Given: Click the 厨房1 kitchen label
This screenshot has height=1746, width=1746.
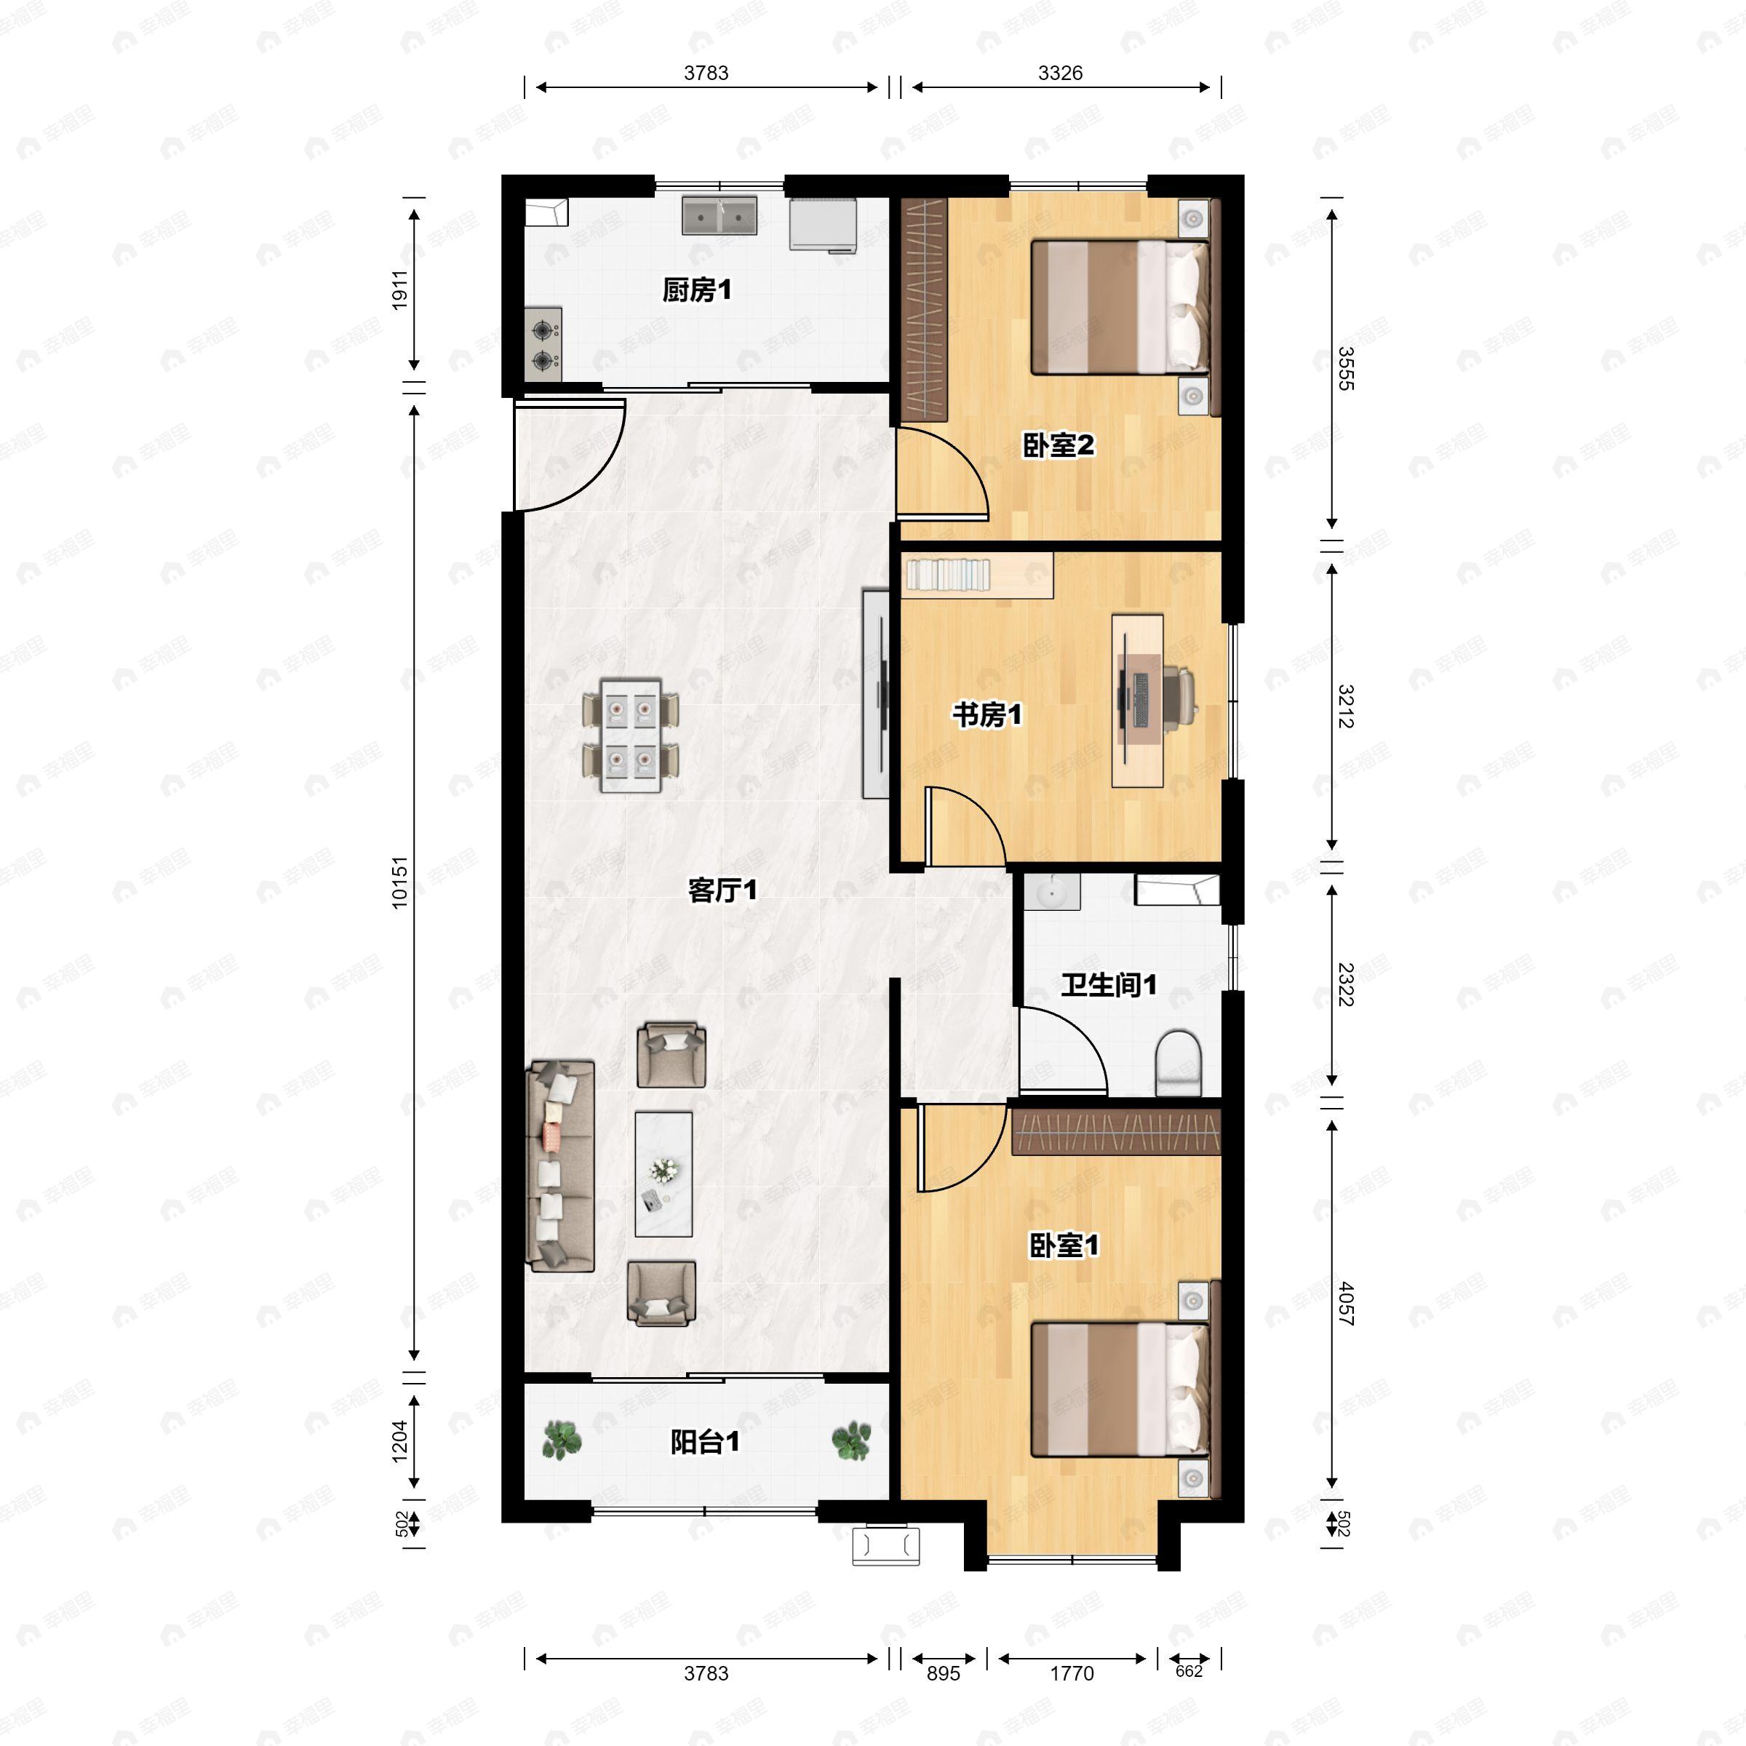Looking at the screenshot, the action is [x=697, y=290].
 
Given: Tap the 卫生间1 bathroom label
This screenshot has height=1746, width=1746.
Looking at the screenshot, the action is [x=1109, y=984].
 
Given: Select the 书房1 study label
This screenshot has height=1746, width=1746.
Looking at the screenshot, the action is [x=987, y=715].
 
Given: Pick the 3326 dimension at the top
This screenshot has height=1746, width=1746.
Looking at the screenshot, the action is [x=1060, y=73].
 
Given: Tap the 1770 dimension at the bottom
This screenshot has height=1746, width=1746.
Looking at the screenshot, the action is [x=1072, y=1674].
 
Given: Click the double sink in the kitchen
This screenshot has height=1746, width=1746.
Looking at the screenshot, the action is [x=719, y=216].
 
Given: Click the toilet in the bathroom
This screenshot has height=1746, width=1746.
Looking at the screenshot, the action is [x=1179, y=1063].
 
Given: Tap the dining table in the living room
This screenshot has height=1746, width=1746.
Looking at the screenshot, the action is [x=631, y=735].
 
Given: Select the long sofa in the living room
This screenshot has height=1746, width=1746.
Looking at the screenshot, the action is [x=560, y=1165].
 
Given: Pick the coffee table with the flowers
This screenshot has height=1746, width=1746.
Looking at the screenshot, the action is [x=663, y=1174].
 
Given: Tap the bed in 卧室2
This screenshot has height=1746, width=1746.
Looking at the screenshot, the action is [x=1120, y=307].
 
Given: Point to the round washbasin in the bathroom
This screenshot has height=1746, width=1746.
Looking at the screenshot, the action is [x=1052, y=892].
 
